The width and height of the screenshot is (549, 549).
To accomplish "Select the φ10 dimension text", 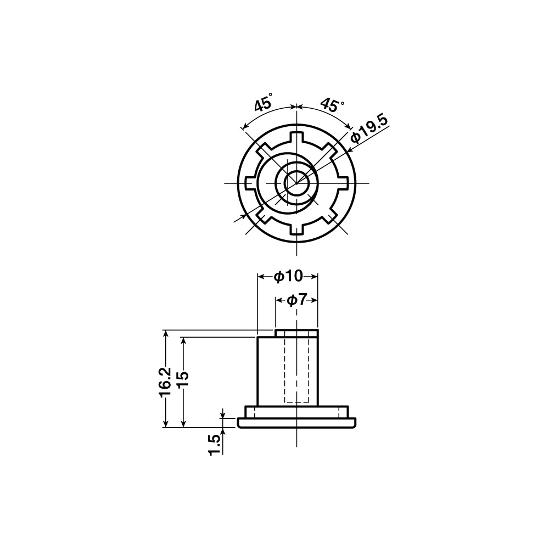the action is click(288, 277).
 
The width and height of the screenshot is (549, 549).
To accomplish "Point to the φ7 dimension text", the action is click(296, 300).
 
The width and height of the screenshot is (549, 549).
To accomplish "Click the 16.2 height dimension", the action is click(165, 382).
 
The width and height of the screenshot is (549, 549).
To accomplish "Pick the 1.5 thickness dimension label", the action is click(216, 445).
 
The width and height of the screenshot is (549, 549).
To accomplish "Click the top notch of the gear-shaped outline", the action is click(296, 137).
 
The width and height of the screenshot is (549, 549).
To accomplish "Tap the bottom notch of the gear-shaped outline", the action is click(296, 229).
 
